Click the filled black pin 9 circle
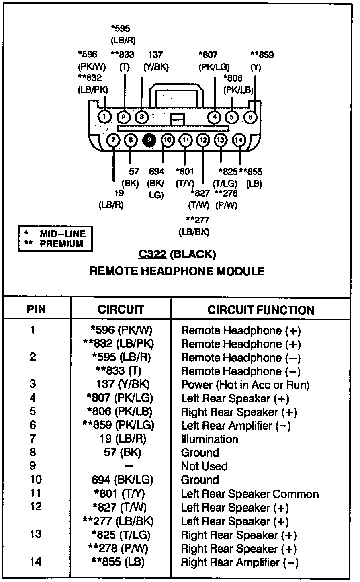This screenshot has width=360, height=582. [x=149, y=140]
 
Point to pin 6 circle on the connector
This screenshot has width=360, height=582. [x=250, y=117]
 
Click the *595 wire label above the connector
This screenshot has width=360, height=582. [x=120, y=29]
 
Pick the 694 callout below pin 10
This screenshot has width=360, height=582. [x=157, y=172]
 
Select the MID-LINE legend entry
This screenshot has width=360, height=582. [x=63, y=234]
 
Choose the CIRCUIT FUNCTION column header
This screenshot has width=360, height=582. [x=261, y=310]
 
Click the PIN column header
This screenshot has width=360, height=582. [x=36, y=309]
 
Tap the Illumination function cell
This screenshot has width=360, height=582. [x=209, y=439]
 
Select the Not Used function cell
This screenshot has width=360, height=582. [x=204, y=466]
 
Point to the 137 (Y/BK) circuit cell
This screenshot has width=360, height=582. [x=123, y=384]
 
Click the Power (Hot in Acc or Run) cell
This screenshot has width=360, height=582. [x=245, y=385]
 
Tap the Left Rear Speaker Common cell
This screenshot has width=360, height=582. [x=250, y=494]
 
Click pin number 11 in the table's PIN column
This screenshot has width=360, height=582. [x=35, y=493]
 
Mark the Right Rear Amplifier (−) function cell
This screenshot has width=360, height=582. [x=239, y=562]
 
